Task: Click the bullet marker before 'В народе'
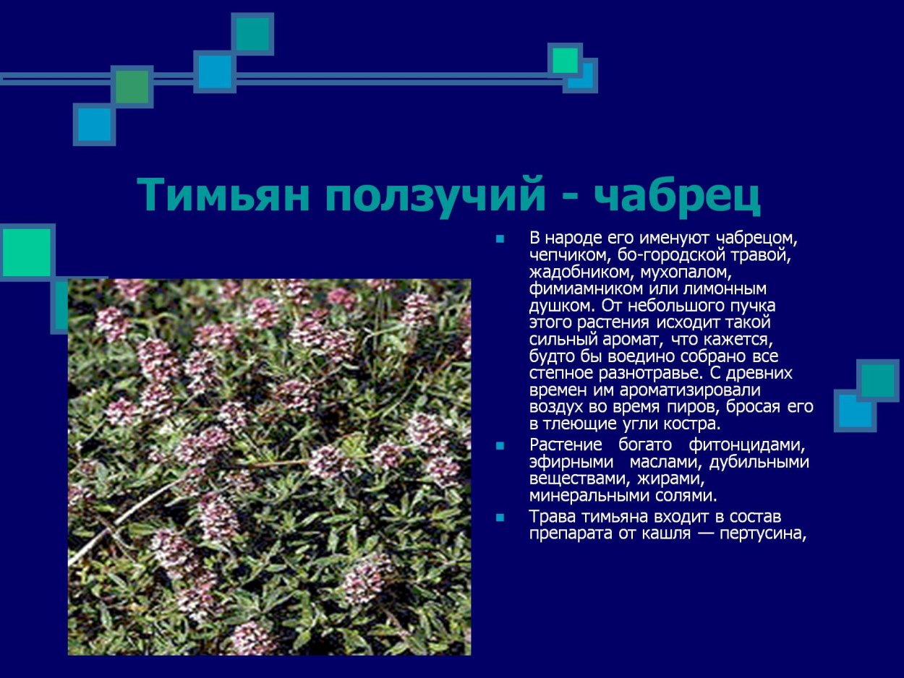click(498, 239)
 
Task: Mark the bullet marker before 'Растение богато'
click(498, 445)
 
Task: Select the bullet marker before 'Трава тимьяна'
click(498, 518)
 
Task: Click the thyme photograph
click(269, 467)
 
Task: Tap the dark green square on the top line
click(132, 87)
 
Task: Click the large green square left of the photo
click(27, 252)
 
